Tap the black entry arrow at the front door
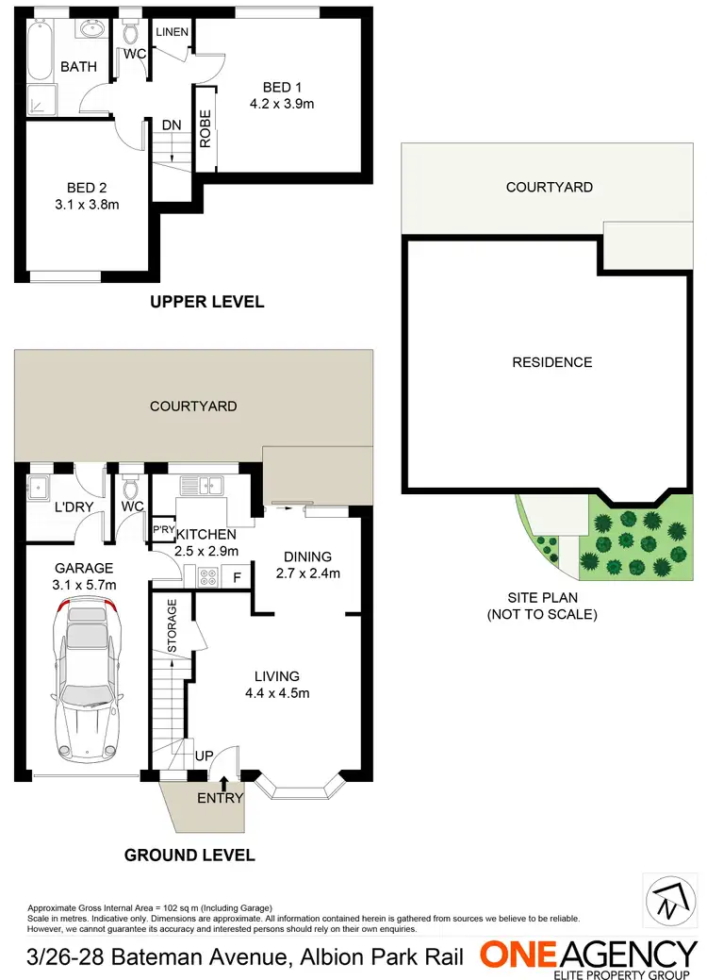coord(223,782)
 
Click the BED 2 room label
coord(78,186)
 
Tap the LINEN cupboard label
coord(173,32)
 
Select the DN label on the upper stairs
coord(172,124)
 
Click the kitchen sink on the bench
coord(201,487)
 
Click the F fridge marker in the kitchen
coord(237,575)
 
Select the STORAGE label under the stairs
coord(173,625)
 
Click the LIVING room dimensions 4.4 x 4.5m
coord(276,693)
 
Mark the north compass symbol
coord(666,899)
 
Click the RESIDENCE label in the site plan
coord(551,362)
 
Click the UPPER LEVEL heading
coord(206,302)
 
